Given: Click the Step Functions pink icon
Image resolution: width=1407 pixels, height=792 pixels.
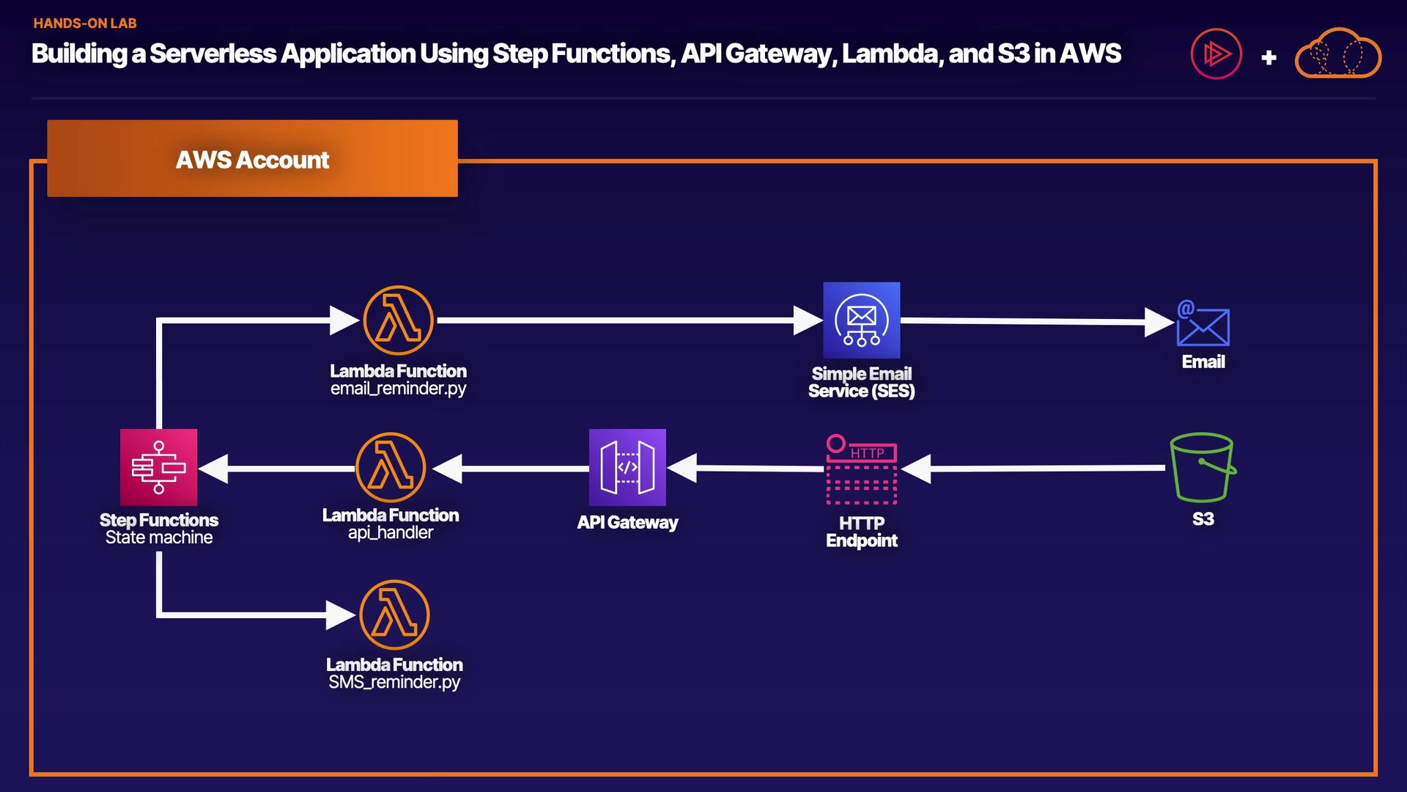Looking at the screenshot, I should point(158,467).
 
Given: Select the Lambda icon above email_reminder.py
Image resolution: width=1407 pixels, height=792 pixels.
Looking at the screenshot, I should point(398,320).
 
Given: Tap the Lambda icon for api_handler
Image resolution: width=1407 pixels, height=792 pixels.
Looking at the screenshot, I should point(391,467).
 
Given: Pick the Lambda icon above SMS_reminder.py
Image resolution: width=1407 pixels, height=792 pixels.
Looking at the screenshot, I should point(394,615).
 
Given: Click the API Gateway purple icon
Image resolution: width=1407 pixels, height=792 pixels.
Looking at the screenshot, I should point(627,467).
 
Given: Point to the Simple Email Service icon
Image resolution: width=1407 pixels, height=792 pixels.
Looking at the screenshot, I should point(861,320).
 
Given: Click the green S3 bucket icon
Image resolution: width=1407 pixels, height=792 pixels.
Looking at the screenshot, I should point(1203,467).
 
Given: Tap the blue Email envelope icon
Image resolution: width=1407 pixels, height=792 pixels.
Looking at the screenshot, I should point(1203,324).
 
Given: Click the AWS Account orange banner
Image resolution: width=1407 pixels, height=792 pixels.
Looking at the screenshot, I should point(252,158).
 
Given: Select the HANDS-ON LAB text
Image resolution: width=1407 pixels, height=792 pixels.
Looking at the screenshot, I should point(85,23).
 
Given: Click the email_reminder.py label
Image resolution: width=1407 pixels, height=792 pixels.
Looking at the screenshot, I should point(398,389).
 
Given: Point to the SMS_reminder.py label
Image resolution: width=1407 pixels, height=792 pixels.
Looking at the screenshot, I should point(394,682).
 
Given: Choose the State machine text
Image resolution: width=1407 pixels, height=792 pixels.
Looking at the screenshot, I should point(159,538).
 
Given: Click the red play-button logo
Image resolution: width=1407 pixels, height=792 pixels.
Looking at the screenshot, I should point(1216,54).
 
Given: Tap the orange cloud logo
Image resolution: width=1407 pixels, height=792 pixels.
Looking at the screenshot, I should point(1338,54).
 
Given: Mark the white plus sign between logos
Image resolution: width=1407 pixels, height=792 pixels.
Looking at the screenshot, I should point(1269,57).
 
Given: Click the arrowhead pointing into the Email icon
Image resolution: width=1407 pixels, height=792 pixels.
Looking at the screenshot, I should point(1159,322).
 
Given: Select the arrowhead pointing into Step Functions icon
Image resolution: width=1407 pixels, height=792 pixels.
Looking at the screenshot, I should point(215,469).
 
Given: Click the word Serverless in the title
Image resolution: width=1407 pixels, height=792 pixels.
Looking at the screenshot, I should point(213,54).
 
